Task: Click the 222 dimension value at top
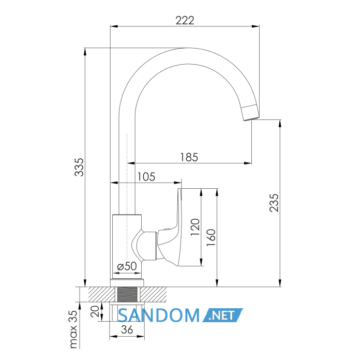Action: point(185,20)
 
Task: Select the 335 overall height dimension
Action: point(79,167)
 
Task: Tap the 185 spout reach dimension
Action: point(189,157)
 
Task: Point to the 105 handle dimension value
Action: point(146,177)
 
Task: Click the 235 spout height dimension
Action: point(274,203)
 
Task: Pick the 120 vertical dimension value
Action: point(195,227)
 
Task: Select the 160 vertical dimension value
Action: point(211,237)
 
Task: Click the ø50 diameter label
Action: point(127,266)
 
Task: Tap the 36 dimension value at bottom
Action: point(127,330)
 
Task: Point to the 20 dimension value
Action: point(95,311)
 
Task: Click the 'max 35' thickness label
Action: point(73,329)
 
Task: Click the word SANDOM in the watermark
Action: point(159,315)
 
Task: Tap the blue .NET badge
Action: point(222,315)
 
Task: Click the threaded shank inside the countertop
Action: point(128,294)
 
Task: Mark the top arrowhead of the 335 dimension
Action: point(85,52)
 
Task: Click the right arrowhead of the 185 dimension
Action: point(248,163)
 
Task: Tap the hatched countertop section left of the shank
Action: point(101,294)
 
